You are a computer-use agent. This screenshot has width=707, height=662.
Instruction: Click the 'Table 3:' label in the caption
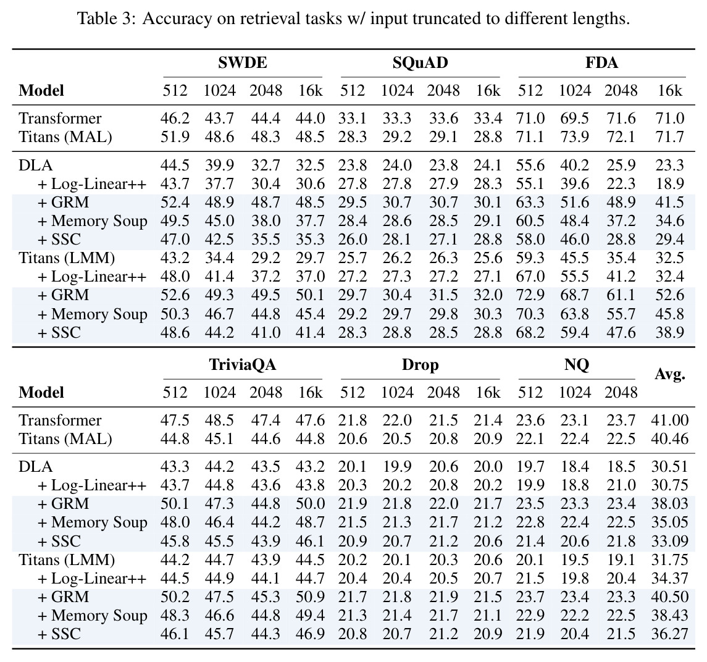click(x=106, y=19)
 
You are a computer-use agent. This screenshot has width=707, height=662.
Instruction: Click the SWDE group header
click(x=243, y=62)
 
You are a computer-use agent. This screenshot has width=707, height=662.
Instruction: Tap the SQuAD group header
click(x=420, y=62)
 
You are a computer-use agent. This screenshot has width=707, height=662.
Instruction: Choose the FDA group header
click(x=601, y=62)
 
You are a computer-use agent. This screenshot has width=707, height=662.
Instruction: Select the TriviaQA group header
click(x=243, y=364)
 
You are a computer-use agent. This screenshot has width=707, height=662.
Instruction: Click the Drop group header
click(x=420, y=365)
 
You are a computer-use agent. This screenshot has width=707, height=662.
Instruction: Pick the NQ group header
click(x=577, y=364)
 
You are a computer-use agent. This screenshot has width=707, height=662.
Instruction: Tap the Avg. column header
click(x=669, y=374)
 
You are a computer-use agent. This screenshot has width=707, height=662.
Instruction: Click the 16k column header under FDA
click(x=669, y=91)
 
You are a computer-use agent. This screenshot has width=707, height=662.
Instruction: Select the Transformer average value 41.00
click(x=669, y=421)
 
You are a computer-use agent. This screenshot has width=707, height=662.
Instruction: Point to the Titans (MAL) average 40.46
click(x=669, y=439)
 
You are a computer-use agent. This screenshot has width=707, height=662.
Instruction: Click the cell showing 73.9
click(x=574, y=136)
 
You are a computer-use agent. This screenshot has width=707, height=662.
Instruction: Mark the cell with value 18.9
click(x=669, y=183)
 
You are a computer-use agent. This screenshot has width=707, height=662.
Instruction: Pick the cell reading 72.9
click(x=530, y=295)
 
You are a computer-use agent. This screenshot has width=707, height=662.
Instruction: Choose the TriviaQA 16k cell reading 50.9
click(x=310, y=597)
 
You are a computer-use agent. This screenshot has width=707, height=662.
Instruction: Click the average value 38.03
click(x=669, y=503)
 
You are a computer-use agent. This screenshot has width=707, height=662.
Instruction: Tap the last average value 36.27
click(x=669, y=634)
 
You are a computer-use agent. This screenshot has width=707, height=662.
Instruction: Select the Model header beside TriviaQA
click(x=41, y=392)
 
